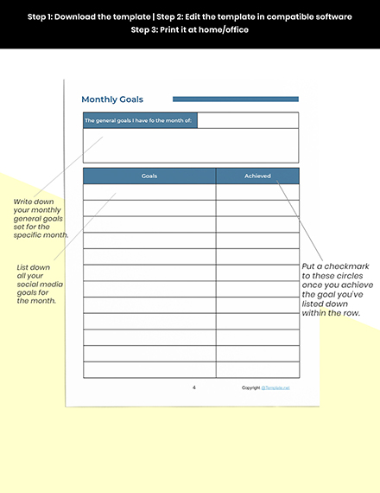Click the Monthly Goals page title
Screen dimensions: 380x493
point(112,99)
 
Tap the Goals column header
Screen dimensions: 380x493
point(149,176)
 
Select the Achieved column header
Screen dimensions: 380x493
point(257,176)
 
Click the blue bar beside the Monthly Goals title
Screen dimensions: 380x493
point(235,99)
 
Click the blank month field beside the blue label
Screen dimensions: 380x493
point(248,120)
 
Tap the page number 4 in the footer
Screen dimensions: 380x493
point(193,387)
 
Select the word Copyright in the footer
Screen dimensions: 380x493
point(250,388)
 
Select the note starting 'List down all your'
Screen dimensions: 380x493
point(37,285)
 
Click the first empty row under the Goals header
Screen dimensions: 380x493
point(149,192)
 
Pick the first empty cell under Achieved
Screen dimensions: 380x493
point(257,192)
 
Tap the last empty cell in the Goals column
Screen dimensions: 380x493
point(149,369)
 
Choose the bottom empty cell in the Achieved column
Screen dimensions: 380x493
point(257,369)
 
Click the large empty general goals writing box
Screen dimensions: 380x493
point(190,145)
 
